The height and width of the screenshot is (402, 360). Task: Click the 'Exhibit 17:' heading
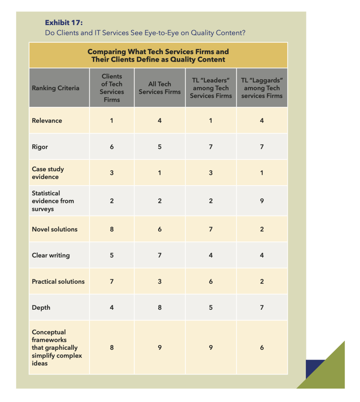click(x=64, y=22)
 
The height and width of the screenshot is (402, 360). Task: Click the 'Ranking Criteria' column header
click(x=55, y=88)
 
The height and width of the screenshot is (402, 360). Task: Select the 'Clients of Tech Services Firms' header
click(x=112, y=88)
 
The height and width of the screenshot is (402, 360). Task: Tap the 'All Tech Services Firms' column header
click(x=159, y=88)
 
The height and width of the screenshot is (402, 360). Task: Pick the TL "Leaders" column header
click(x=211, y=88)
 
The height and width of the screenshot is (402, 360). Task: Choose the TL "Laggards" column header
click(x=262, y=88)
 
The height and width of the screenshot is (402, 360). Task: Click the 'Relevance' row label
click(x=47, y=121)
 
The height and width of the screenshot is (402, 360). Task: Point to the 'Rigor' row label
click(x=40, y=147)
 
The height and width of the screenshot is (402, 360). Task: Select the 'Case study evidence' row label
click(x=48, y=173)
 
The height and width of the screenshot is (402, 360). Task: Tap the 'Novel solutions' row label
click(x=55, y=229)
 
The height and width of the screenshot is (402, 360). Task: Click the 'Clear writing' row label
click(x=51, y=255)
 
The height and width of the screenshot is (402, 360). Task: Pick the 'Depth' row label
click(x=41, y=307)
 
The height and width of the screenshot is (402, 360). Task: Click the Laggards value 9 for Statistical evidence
click(x=262, y=201)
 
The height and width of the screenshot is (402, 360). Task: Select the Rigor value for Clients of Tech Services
click(x=112, y=147)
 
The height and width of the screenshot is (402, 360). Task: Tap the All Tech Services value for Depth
click(x=159, y=307)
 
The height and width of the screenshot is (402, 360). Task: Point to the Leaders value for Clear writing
click(x=211, y=255)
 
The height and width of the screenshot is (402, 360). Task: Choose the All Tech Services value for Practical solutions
click(x=159, y=281)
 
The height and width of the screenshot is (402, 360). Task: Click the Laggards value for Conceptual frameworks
click(x=262, y=347)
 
